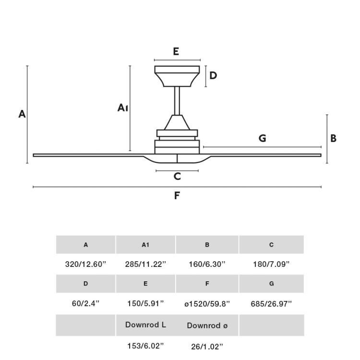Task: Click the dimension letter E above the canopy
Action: click(176, 52)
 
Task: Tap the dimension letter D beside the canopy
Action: click(213, 75)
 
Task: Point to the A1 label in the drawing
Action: click(122, 108)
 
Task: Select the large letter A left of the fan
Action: click(22, 114)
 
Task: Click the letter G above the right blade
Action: click(262, 138)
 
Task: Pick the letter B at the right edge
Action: click(333, 138)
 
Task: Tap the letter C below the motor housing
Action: click(177, 176)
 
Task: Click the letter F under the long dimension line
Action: click(177, 195)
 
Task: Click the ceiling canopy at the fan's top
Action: click(177, 76)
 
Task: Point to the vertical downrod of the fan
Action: click(177, 100)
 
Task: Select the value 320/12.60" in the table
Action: click(85, 264)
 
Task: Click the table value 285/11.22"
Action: click(145, 264)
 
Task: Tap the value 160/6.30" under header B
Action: click(207, 264)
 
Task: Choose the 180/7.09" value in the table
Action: click(271, 264)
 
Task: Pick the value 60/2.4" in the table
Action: click(85, 303)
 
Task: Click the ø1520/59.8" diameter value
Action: click(207, 303)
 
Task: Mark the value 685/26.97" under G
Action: click(271, 303)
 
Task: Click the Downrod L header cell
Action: click(145, 325)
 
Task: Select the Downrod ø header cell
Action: click(207, 325)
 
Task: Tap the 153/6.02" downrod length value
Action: click(145, 346)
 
